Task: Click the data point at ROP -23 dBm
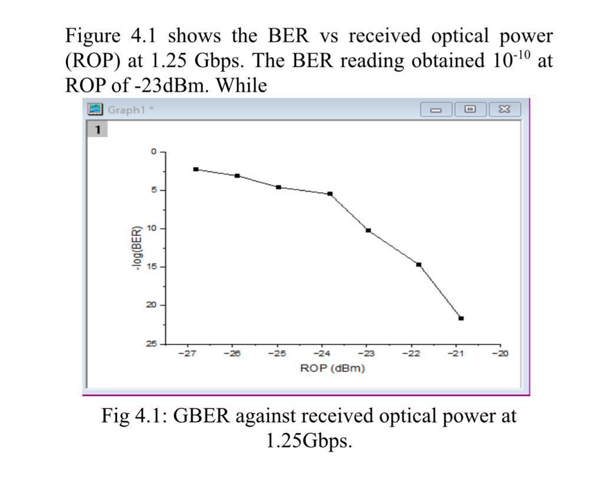368,230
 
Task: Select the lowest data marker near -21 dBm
461,318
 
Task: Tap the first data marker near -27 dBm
196,169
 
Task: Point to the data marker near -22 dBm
419,265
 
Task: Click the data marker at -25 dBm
278,187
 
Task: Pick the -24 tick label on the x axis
321,354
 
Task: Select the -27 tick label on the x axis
187,354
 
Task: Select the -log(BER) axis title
136,248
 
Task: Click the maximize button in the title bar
470,109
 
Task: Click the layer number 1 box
97,129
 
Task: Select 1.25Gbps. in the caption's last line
309,440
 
